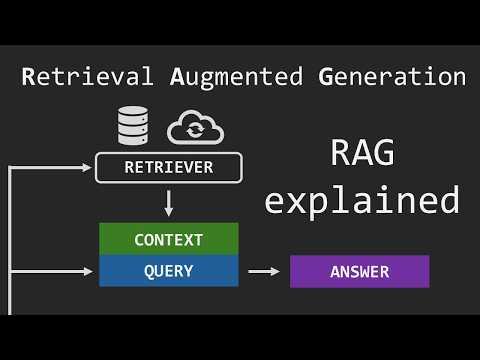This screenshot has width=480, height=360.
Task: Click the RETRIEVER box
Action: pyautogui.click(x=169, y=167)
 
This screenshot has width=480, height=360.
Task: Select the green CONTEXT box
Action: pyautogui.click(x=169, y=240)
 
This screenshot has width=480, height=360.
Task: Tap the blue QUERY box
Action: pyautogui.click(x=169, y=270)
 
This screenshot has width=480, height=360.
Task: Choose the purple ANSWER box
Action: pyautogui.click(x=359, y=271)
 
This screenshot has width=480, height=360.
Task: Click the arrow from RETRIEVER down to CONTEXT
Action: pyautogui.click(x=169, y=203)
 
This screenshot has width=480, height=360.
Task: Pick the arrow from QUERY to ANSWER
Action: pyautogui.click(x=264, y=271)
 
